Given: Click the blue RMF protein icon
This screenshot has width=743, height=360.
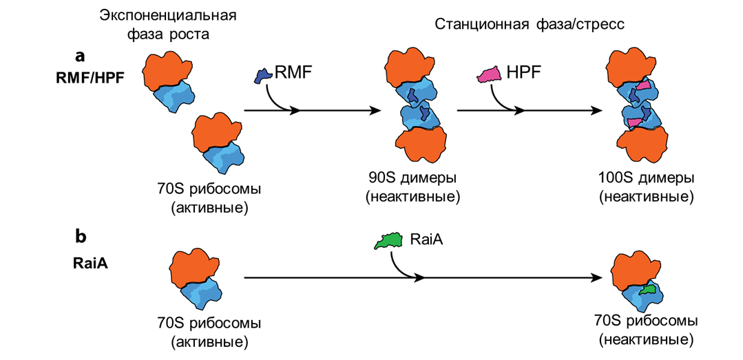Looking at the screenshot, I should coord(262,76).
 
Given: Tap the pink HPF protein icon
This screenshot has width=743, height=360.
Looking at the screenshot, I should coord(490,75).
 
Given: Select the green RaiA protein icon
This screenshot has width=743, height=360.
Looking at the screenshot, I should coord(389,241).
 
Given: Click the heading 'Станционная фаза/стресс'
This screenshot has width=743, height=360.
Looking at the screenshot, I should coord(530,24).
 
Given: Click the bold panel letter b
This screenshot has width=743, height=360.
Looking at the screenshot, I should coord(80,237).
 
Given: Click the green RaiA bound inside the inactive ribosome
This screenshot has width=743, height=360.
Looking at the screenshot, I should coord(647,290).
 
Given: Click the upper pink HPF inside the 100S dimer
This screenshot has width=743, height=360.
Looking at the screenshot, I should coord(642,86).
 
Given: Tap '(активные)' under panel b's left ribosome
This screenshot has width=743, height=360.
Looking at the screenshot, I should coord(210,341).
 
